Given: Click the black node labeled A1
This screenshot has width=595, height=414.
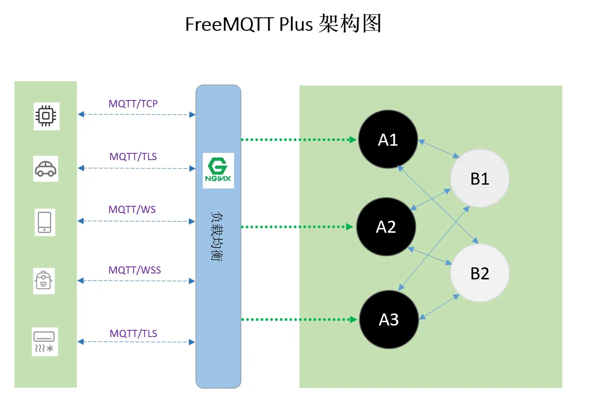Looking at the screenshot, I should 388,139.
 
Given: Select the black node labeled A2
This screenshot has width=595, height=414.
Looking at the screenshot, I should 386,226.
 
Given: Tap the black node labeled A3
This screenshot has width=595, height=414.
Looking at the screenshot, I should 389,319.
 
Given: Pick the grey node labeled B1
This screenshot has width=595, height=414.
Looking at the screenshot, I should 480,178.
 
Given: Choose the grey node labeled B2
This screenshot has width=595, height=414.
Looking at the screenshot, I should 480,273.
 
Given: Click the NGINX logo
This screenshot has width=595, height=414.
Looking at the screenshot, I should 218,171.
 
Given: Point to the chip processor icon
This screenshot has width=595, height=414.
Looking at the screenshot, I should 46,116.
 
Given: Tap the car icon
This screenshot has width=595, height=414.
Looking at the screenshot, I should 46,169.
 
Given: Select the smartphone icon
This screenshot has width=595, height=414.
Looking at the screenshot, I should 45,222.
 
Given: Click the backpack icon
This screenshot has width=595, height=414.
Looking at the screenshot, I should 44,280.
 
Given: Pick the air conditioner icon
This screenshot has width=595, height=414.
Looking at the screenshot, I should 45,342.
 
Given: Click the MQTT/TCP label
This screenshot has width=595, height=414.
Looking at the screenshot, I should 133,103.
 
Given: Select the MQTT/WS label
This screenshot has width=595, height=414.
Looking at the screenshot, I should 132,210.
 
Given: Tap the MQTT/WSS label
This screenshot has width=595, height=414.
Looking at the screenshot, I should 135,270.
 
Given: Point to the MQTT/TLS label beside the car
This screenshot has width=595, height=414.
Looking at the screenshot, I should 133,156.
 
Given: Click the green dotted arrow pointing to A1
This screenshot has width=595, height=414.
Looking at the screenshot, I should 298,140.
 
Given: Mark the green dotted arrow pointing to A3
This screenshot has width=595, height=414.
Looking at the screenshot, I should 298,319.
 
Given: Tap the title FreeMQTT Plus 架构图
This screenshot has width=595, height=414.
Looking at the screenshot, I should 284,24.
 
